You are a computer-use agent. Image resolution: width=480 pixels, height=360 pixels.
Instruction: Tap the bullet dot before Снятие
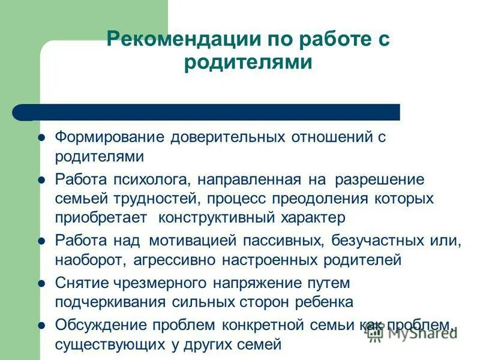coord(42,283)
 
